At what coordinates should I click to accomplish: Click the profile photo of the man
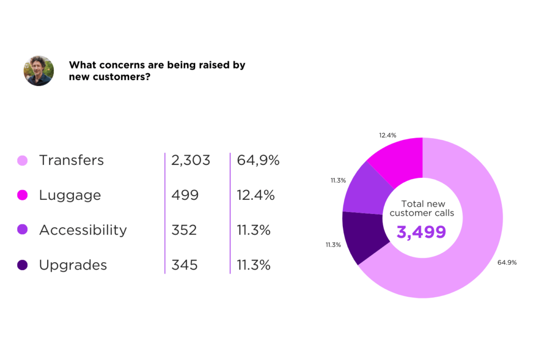39,71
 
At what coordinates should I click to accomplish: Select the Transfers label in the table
71,160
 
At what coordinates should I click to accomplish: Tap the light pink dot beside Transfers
22,160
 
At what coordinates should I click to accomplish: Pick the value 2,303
191,160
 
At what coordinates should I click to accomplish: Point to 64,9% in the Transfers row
258,160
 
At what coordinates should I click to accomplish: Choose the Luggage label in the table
70,195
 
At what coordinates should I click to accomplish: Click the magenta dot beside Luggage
22,195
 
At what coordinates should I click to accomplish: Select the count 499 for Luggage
185,195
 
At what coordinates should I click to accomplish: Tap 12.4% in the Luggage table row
256,195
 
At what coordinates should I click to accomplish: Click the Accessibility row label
83,230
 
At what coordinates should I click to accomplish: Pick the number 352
184,230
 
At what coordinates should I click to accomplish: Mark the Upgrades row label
73,265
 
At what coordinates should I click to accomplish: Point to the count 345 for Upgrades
184,265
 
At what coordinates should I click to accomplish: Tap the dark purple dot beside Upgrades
22,265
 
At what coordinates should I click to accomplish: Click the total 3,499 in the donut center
421,231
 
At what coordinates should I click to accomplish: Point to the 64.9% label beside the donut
507,262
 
